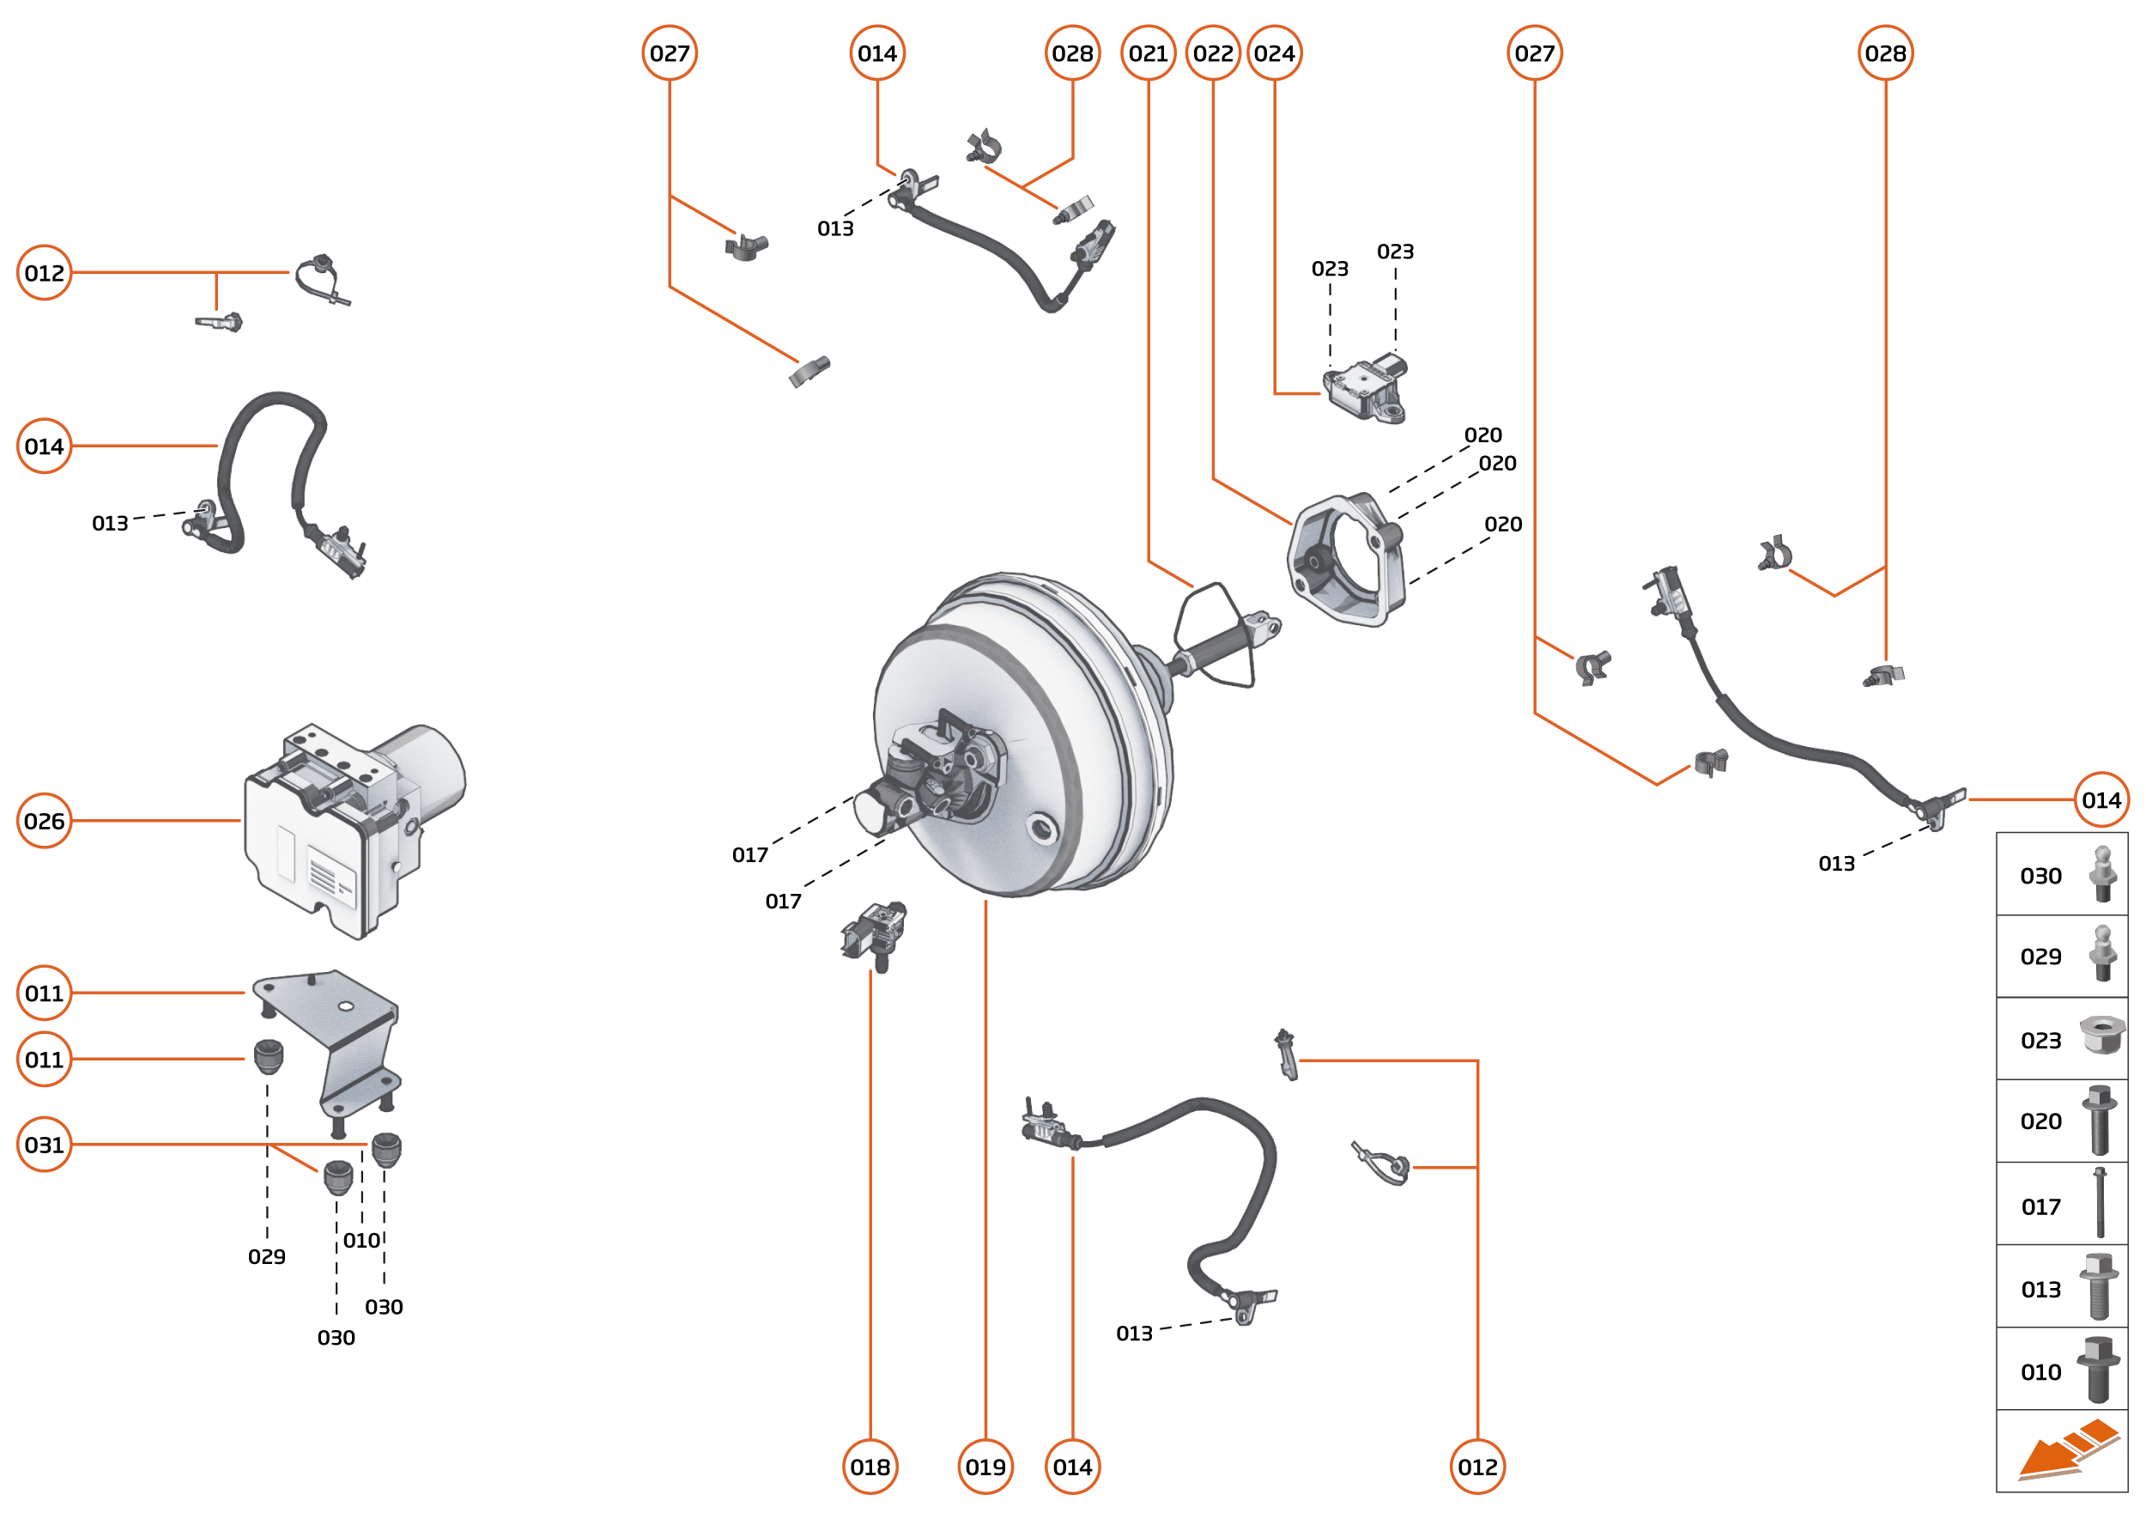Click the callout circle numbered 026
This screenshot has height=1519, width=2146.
point(44,820)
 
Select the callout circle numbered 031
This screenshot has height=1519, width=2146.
point(44,1144)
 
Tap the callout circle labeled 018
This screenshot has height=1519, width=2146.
point(870,1467)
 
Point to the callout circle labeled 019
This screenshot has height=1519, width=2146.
point(985,1467)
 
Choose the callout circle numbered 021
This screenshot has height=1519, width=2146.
point(1149,53)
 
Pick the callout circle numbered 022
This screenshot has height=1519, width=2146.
point(1213,53)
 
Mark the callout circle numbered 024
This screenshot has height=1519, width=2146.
point(1275,53)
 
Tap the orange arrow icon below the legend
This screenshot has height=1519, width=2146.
point(2066,1452)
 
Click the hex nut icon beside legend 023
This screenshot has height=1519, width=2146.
point(2101,1036)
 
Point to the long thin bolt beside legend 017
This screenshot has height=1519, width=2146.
point(2100,1204)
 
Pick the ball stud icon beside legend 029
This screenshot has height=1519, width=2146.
point(2102,954)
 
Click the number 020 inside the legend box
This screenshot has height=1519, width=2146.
point(2040,1121)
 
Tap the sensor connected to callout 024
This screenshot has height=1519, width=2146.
point(1365,388)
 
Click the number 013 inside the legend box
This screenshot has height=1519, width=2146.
point(2040,1290)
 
